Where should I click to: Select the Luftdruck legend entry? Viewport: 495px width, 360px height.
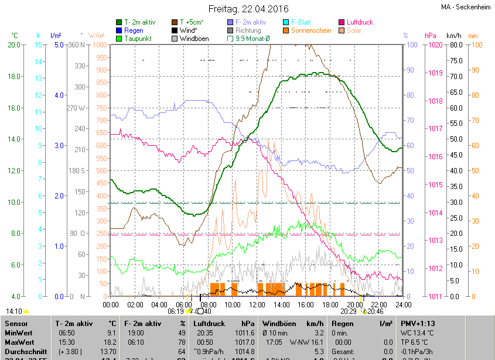tap(360, 22)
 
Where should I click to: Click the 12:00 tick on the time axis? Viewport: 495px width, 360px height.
tap(257, 304)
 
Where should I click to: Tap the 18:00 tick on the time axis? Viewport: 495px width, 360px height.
tap(330, 304)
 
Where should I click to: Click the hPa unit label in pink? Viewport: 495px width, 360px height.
tap(430, 36)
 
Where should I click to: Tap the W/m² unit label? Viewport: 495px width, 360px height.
tap(97, 36)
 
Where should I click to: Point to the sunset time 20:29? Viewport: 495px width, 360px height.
tap(349, 311)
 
